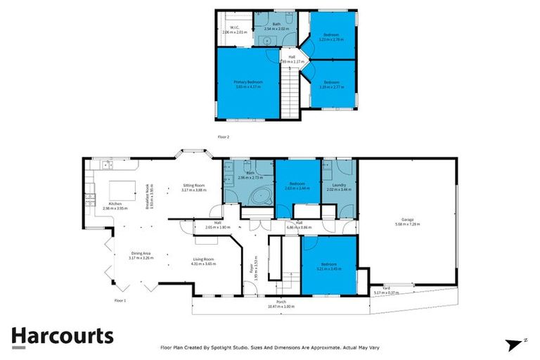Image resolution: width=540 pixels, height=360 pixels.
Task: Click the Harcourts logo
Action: pyautogui.click(x=62, y=335)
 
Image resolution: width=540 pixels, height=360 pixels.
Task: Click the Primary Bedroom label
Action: pyautogui.click(x=248, y=82)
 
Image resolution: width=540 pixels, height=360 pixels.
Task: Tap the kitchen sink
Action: pyautogui.click(x=105, y=165)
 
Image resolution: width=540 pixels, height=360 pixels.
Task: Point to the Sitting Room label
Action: pyautogui.click(x=193, y=186)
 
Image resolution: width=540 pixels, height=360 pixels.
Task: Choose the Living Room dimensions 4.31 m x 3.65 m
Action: pyautogui.click(x=203, y=263)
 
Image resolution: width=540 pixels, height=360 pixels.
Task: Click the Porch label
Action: pyautogui.click(x=281, y=302)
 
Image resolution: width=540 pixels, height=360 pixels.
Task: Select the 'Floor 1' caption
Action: pyautogui.click(x=120, y=300)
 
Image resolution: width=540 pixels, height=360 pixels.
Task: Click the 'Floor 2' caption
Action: pyautogui.click(x=224, y=136)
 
